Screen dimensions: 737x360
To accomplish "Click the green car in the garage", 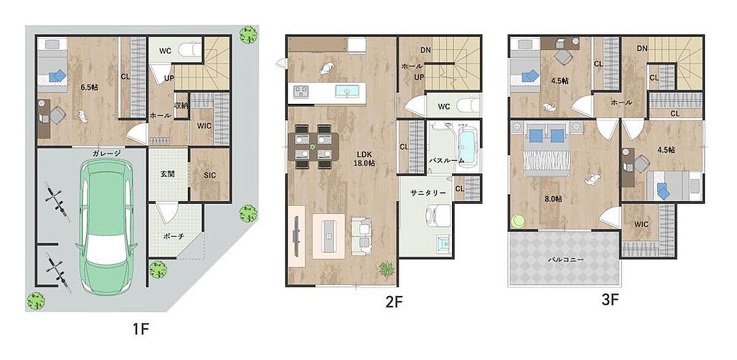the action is tap(107, 227).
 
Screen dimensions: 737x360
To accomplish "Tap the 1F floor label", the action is tap(141, 329).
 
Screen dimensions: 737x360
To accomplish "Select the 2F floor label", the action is tap(394, 302).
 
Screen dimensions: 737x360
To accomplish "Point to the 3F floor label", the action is tap(610, 299).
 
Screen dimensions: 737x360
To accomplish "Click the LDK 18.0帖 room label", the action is tap(364, 158).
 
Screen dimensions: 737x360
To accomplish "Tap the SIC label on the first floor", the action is tap(209, 175).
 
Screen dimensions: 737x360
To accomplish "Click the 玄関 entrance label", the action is tap(168, 174).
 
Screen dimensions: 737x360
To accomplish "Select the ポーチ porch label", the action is tap(173, 237).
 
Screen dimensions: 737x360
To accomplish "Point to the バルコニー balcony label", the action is tap(566, 259).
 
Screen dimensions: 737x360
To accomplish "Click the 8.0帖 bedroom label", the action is tap(553, 199).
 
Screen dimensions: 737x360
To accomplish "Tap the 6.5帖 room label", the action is tap(89, 87).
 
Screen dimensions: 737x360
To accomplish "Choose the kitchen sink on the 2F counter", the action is tap(347, 91).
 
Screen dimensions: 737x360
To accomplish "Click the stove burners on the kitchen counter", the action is tap(301, 91).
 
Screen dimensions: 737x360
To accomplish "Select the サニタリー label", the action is tap(428, 193).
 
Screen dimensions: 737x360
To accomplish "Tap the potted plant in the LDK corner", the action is tap(386, 269).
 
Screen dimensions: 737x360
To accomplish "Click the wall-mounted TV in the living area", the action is tap(297, 236).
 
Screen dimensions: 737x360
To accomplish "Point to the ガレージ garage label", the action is tap(106, 154).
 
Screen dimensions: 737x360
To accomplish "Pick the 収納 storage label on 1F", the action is tap(181, 105).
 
